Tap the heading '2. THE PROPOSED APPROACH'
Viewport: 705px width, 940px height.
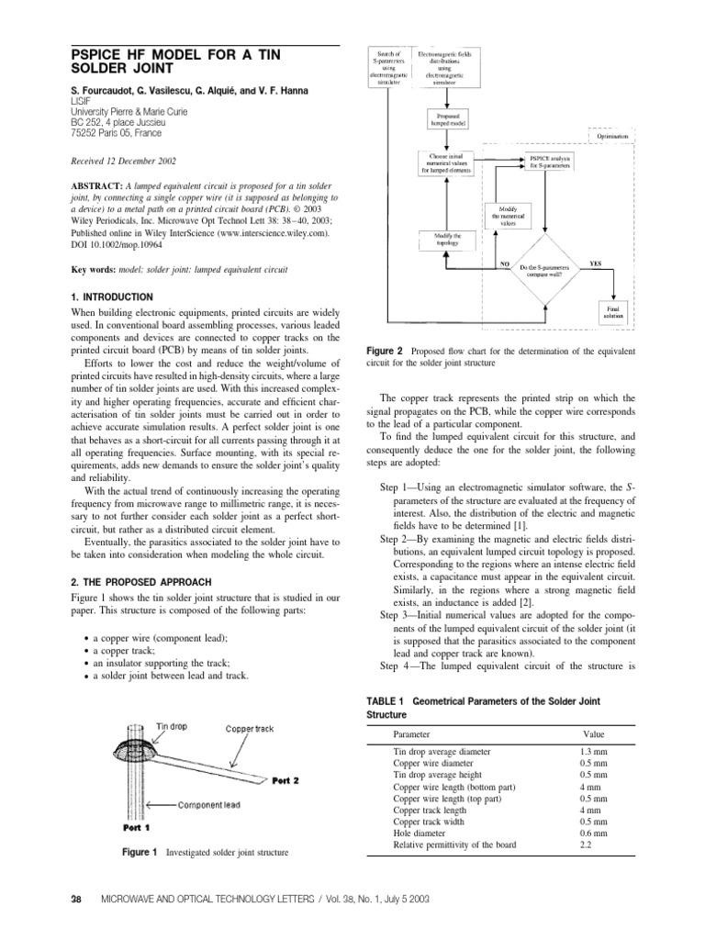pos(141,582)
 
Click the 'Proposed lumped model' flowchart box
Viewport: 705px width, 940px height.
pos(446,119)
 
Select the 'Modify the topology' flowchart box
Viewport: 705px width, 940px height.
pos(444,239)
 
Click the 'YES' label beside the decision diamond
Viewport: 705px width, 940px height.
pos(595,263)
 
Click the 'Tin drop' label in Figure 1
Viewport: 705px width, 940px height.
pos(172,725)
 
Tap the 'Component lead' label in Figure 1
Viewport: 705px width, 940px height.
pos(209,803)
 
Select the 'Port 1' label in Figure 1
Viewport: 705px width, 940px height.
pos(137,826)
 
